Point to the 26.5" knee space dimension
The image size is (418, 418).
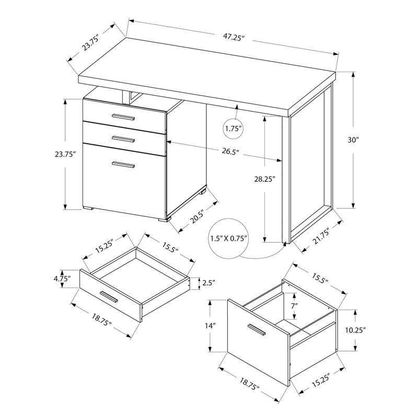click(x=230, y=152)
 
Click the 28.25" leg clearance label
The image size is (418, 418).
click(x=263, y=179)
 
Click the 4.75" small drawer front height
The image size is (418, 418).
click(x=61, y=278)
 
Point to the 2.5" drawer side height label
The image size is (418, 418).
click(x=209, y=283)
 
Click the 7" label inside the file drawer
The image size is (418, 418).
click(x=294, y=305)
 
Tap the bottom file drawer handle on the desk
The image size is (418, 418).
click(x=123, y=165)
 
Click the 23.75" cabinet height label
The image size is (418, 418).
click(x=65, y=155)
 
